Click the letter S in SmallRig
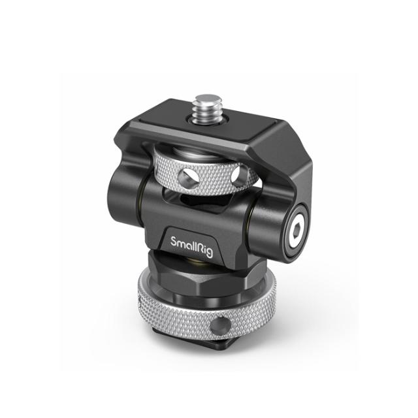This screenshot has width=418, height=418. (174, 242)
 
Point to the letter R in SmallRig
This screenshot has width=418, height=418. (202, 242)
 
